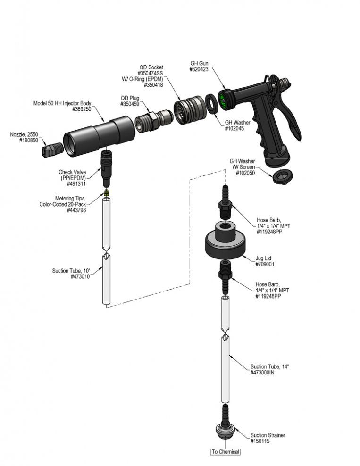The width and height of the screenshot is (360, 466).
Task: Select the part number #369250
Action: pos(82,109)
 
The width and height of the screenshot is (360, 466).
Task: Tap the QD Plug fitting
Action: pos(153,119)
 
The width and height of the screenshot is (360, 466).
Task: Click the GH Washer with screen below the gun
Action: pos(283,177)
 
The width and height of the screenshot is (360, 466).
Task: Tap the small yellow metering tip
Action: pos(107,192)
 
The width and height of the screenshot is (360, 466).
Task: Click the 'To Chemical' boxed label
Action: pos(225,452)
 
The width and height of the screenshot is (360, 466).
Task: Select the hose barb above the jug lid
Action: pos(226,202)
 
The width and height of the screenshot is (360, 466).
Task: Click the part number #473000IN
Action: pos(262,373)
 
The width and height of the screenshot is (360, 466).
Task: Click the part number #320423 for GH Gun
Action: pos(199,69)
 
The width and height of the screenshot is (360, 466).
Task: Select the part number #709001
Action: pos(265,264)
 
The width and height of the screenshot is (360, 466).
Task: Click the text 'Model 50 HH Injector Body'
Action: pos(62,103)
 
